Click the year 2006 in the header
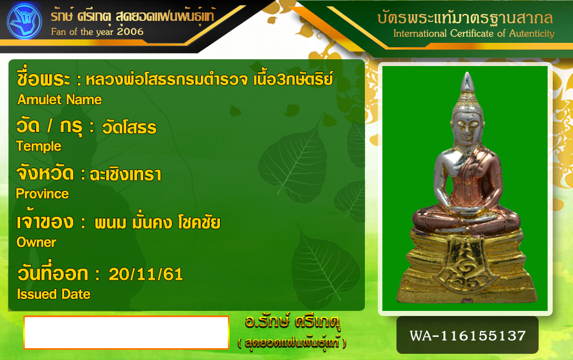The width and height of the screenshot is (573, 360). [130, 32]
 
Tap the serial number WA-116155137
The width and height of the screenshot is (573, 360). [468, 336]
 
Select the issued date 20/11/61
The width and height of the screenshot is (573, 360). [146, 274]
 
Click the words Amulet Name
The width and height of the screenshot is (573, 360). [60, 100]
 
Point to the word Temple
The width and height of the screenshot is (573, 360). [39, 147]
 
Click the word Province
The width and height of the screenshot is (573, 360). [42, 194]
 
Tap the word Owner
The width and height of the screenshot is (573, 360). [36, 242]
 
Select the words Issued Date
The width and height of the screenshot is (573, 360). [54, 294]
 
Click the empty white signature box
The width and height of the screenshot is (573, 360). [126, 332]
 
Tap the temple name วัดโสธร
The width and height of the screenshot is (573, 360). [129, 128]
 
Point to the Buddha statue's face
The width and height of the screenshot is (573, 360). [466, 129]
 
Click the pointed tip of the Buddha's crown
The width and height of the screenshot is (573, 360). [466, 73]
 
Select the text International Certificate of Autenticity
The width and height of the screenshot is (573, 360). [474, 34]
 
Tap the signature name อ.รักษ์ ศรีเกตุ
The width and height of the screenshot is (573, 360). [292, 322]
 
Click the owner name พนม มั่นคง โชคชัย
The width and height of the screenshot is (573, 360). [157, 222]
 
